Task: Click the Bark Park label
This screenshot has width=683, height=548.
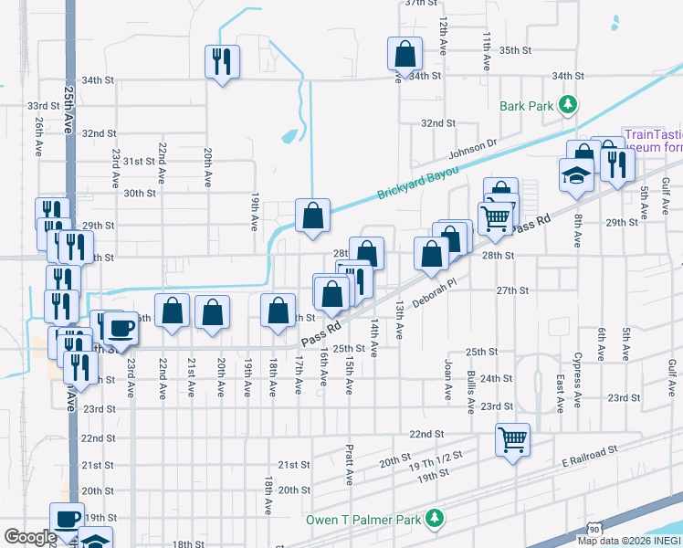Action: click(x=527, y=106)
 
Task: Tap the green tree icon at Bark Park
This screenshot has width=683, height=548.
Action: click(x=568, y=105)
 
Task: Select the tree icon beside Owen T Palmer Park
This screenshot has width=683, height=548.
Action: click(x=435, y=520)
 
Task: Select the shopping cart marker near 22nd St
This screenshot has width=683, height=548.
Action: click(x=512, y=439)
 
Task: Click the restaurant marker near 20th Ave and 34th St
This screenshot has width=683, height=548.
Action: click(x=222, y=62)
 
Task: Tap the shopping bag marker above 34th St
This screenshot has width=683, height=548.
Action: click(x=404, y=54)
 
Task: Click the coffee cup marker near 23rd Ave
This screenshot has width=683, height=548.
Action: click(x=120, y=328)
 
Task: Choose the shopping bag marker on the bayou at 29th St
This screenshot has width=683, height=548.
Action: click(x=312, y=216)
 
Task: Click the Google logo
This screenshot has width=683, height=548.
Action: click(x=30, y=537)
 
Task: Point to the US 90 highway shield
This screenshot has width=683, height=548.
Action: click(x=594, y=530)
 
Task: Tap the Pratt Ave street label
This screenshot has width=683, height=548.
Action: click(x=350, y=465)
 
